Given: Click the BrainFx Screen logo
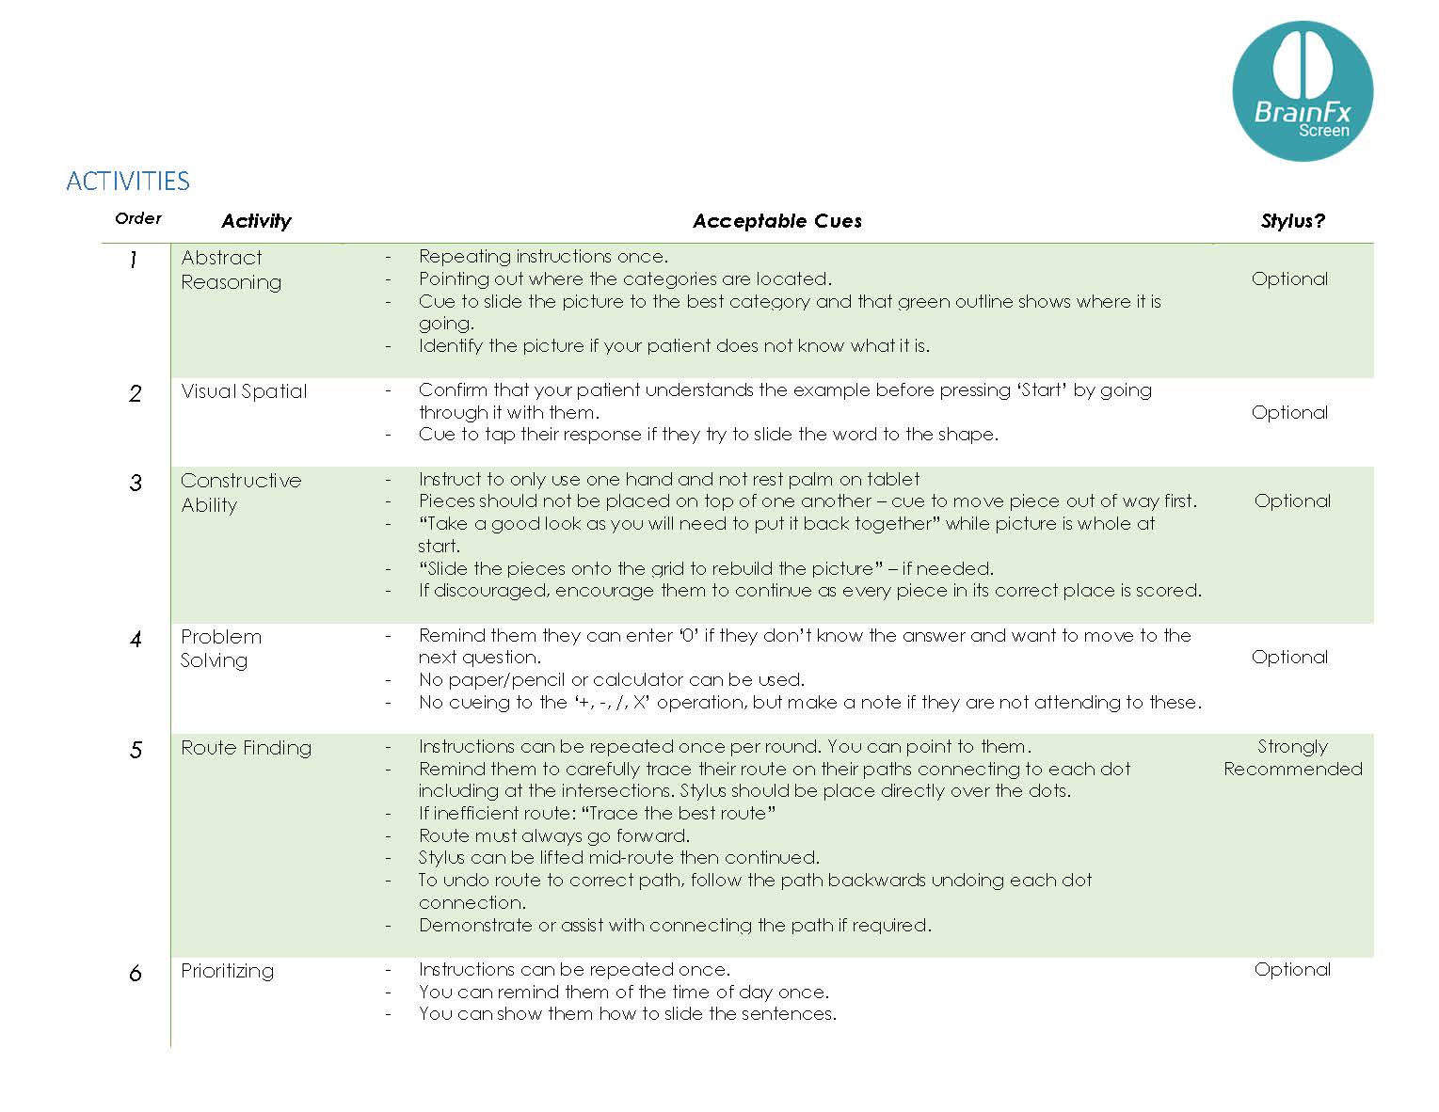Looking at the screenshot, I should pyautogui.click(x=1302, y=91).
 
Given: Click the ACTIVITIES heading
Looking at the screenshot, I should pyautogui.click(x=128, y=181).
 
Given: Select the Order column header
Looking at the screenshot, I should pyautogui.click(x=138, y=218).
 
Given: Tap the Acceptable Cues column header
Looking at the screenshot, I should pyautogui.click(x=776, y=221).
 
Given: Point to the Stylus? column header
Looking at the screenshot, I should pyautogui.click(x=1292, y=221).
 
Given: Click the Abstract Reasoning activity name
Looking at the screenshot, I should pyautogui.click(x=231, y=270).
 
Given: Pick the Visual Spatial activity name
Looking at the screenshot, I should pyautogui.click(x=244, y=391).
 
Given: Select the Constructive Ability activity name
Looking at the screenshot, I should pyautogui.click(x=241, y=492).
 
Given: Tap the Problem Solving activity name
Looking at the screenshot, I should pyautogui.click(x=221, y=648).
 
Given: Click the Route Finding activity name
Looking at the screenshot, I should pyautogui.click(x=246, y=748).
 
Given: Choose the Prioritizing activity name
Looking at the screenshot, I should pyautogui.click(x=227, y=971).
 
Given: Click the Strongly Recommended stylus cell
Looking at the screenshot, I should pyautogui.click(x=1292, y=757).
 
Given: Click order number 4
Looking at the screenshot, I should pyautogui.click(x=136, y=640).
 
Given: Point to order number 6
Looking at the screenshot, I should pyautogui.click(x=136, y=973).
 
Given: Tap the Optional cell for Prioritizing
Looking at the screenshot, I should pyautogui.click(x=1292, y=969).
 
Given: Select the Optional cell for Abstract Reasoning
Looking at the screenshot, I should pyautogui.click(x=1289, y=278).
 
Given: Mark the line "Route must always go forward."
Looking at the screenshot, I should pyautogui.click(x=553, y=835).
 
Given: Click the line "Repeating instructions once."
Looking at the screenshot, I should pyautogui.click(x=543, y=256).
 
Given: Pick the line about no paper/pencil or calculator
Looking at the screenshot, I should pyautogui.click(x=611, y=679).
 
